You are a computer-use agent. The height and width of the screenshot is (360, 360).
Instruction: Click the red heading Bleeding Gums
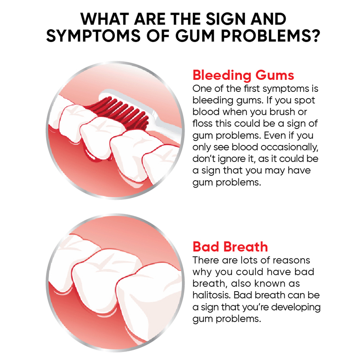243,75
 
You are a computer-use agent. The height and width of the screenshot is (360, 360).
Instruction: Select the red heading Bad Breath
230,247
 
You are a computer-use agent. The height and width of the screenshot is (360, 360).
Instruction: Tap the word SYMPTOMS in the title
93,36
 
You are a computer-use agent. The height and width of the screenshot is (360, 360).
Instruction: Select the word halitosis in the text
211,295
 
